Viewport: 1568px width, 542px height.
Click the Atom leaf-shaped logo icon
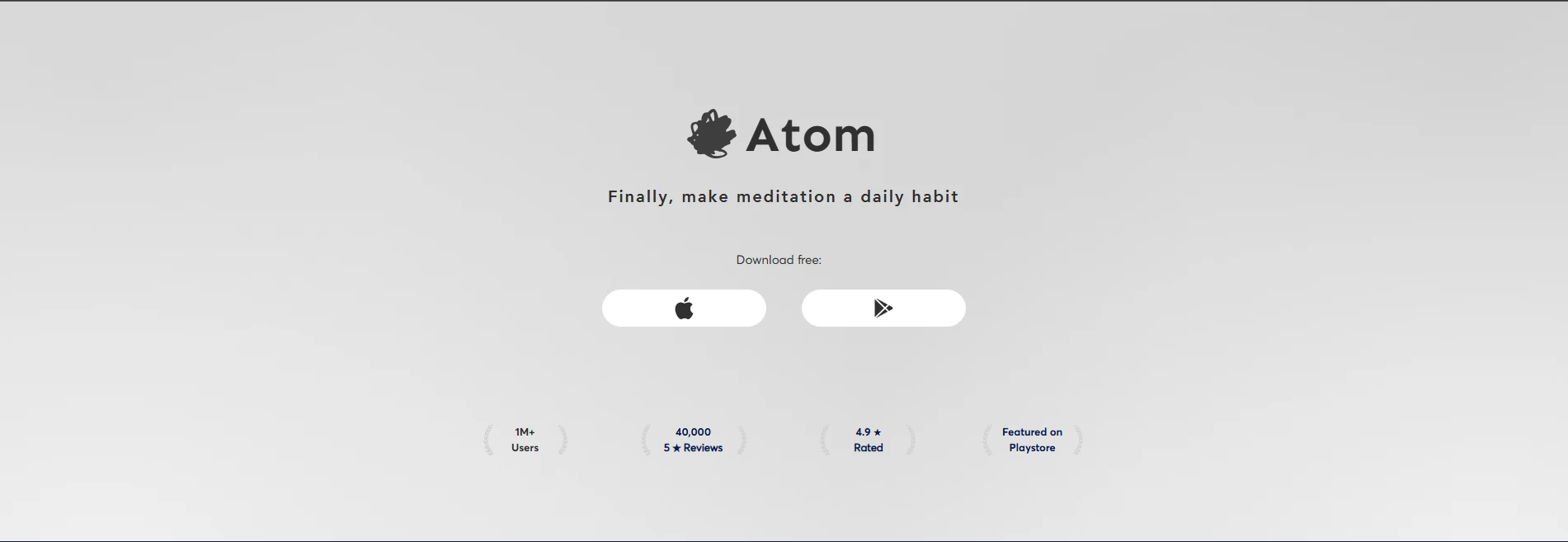pos(712,134)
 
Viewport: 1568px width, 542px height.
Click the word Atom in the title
pos(810,135)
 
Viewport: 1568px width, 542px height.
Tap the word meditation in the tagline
pos(786,196)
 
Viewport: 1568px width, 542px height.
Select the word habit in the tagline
pos(935,196)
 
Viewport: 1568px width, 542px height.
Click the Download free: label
pos(779,260)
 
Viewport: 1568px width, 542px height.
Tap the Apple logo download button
pos(684,308)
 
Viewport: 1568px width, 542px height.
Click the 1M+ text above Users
pos(525,432)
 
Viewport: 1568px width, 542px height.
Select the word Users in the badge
pos(525,448)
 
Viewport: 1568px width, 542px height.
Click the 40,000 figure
pos(693,432)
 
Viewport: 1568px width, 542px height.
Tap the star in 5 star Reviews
pos(676,448)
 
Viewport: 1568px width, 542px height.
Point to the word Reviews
pos(703,448)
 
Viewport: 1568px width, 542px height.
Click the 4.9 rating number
pos(863,432)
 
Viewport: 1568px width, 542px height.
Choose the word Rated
pos(868,448)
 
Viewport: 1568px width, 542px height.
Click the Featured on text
pos(1032,432)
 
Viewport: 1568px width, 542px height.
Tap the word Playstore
pos(1032,448)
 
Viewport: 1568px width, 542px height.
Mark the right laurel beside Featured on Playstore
pos(1077,440)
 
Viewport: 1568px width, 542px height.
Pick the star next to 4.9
pos(877,432)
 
